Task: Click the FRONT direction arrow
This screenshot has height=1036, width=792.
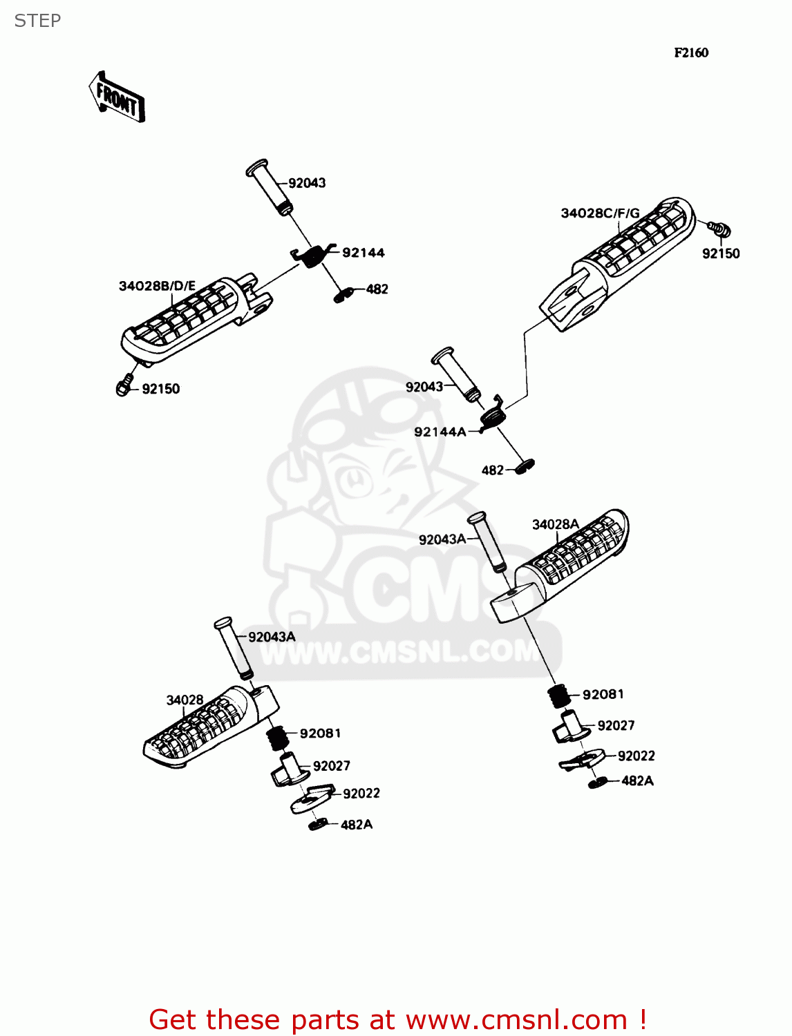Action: [x=117, y=97]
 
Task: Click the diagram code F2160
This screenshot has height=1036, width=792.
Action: [x=691, y=52]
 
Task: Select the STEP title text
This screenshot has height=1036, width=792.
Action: [x=37, y=21]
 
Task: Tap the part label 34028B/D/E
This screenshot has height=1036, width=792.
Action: [x=157, y=286]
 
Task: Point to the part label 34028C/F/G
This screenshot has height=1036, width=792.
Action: [x=600, y=213]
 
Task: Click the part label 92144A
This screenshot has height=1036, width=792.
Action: [x=440, y=432]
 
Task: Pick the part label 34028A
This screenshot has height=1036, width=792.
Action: [x=555, y=525]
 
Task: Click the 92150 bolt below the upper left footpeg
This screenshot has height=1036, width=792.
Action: [x=124, y=386]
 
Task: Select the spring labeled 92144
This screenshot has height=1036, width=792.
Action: [x=313, y=256]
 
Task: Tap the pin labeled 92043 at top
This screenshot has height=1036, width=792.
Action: [x=269, y=186]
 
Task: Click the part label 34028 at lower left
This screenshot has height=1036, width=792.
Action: [x=185, y=700]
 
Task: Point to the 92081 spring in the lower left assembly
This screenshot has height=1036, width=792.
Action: [x=278, y=738]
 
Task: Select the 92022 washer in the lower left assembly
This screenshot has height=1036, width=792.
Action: [x=311, y=798]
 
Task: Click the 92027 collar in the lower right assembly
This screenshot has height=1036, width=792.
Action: [x=569, y=727]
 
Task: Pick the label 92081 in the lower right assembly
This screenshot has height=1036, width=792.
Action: [x=603, y=695]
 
